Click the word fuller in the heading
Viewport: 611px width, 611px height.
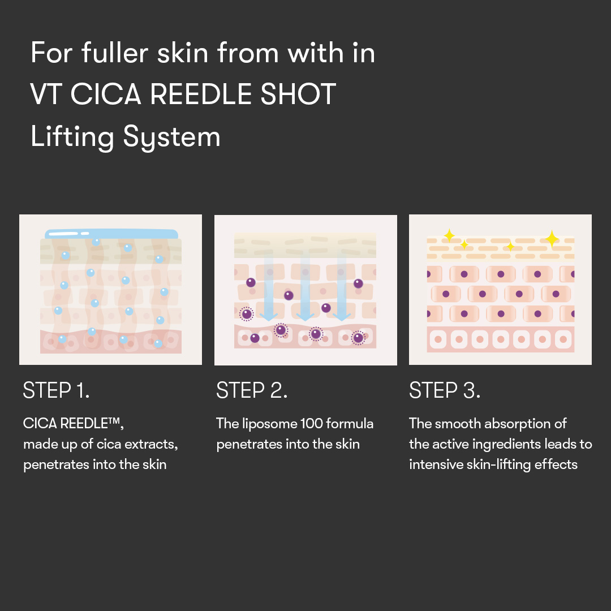(x=114, y=53)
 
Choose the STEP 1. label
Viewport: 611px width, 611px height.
(x=56, y=390)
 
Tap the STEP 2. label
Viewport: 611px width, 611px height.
(x=252, y=390)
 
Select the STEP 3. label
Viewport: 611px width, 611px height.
(x=445, y=390)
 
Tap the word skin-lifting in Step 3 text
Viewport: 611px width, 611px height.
(x=489, y=464)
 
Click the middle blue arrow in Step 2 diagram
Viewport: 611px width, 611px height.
(x=305, y=289)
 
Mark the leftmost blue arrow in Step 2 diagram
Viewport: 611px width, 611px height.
(x=269, y=289)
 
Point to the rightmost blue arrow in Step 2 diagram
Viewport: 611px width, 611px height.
(x=342, y=289)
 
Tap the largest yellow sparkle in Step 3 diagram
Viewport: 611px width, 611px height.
(x=552, y=238)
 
